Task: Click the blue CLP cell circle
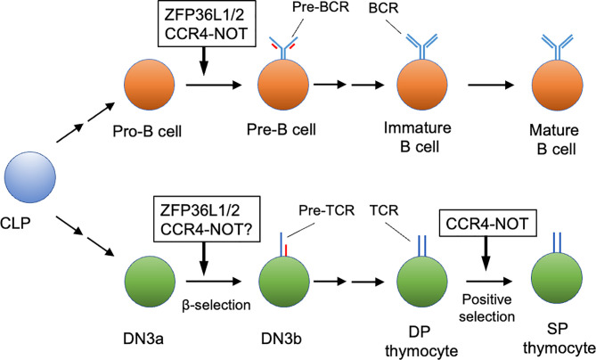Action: pos(30,179)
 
